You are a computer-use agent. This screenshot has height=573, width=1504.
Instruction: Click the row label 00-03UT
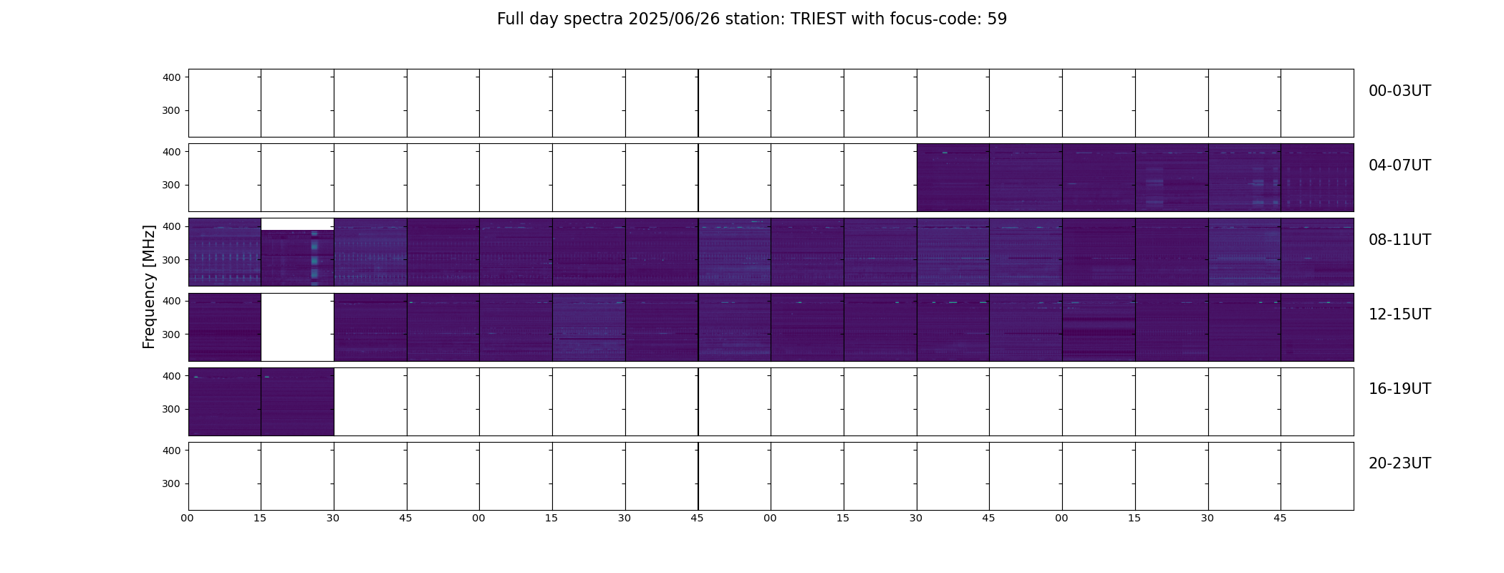click(x=1399, y=91)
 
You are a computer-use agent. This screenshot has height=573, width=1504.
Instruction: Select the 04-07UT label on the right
click(x=1399, y=165)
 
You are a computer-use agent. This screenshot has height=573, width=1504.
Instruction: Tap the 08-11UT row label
click(x=1399, y=240)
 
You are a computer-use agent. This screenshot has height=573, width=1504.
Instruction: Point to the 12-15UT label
click(x=1399, y=314)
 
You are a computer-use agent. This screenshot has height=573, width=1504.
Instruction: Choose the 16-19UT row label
click(x=1399, y=389)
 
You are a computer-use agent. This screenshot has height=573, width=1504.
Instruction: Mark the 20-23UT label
click(x=1399, y=463)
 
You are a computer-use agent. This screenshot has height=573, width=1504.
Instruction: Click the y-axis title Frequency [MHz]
click(x=149, y=287)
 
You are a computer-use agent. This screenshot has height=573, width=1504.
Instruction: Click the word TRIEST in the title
click(x=819, y=19)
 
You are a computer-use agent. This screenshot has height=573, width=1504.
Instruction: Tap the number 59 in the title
click(x=997, y=19)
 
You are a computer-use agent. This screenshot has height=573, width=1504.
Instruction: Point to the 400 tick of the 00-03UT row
click(x=171, y=77)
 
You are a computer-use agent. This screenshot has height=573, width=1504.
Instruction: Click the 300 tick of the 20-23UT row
click(x=171, y=484)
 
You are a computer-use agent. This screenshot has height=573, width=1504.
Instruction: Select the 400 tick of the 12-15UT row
click(x=171, y=302)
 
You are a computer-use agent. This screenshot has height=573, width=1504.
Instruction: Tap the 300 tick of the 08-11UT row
click(x=171, y=260)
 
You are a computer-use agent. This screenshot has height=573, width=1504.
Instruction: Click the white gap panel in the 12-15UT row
click(x=297, y=327)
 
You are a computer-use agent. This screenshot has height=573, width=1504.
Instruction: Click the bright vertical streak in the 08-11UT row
click(x=314, y=258)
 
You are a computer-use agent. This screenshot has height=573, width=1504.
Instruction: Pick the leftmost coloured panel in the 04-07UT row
click(x=953, y=178)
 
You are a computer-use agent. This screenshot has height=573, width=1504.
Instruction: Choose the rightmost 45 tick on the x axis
click(x=1280, y=518)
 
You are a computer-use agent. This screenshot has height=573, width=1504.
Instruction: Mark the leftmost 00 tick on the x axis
click(x=187, y=518)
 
